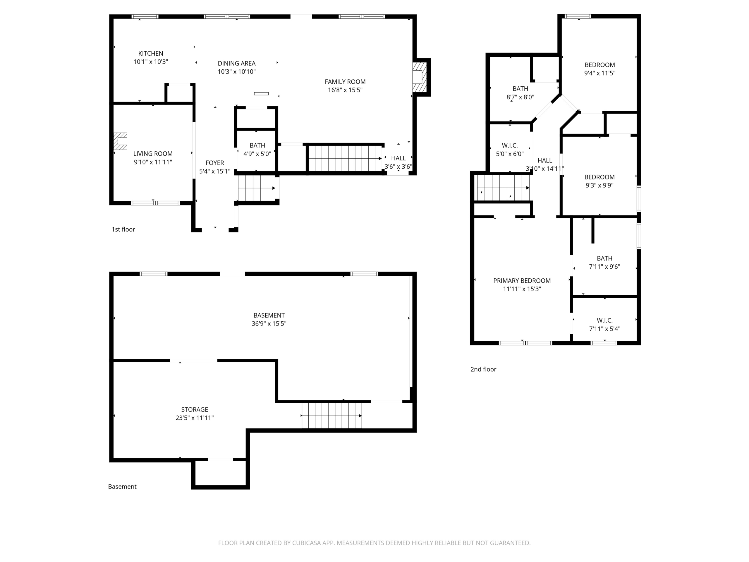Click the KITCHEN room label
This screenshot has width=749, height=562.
tap(151, 54)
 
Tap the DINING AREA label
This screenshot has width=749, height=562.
tap(236, 63)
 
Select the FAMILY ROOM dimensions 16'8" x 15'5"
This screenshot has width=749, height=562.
tap(345, 90)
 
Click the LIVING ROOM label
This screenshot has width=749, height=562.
tap(153, 154)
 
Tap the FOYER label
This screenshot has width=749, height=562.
tap(215, 163)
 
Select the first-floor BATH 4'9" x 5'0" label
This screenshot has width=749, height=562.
tap(257, 149)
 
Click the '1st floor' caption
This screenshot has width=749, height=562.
tap(123, 229)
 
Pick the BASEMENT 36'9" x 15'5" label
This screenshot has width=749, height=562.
tap(269, 319)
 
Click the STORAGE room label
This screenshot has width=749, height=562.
tap(195, 409)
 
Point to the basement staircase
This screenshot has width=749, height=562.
tap(332, 416)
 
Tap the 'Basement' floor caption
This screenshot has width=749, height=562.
tap(122, 486)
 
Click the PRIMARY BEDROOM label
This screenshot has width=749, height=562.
tap(522, 281)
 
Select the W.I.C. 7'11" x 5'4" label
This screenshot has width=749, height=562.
tap(604, 325)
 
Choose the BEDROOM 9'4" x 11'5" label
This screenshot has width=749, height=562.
tap(600, 69)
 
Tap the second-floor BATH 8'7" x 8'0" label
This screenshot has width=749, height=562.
tap(520, 93)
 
